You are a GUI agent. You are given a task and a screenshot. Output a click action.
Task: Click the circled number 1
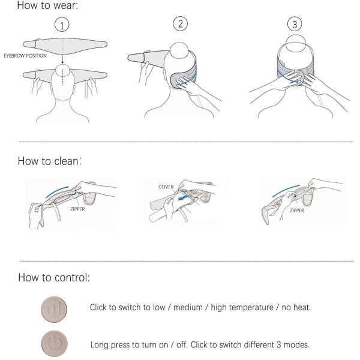(x=62, y=25)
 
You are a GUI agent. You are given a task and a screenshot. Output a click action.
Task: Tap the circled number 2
(x=180, y=23)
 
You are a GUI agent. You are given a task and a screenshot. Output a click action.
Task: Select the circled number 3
(x=295, y=24)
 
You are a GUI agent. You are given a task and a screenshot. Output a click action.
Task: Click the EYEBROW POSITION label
(x=25, y=56)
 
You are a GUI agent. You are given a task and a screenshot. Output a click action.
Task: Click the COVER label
(x=166, y=187)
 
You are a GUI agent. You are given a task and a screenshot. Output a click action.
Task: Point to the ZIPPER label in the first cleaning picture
(x=77, y=209)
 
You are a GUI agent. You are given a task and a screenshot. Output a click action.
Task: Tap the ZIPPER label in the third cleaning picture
(x=297, y=211)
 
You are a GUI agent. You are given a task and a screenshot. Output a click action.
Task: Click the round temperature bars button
(x=54, y=309)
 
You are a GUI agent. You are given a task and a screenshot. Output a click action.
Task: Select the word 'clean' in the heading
(x=67, y=161)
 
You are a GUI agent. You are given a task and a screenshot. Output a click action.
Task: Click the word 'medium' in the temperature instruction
(x=188, y=307)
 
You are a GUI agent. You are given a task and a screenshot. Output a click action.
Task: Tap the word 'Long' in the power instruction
(x=99, y=345)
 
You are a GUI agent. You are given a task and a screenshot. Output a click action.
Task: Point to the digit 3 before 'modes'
(x=279, y=344)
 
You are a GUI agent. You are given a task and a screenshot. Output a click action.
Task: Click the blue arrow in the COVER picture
(x=184, y=197)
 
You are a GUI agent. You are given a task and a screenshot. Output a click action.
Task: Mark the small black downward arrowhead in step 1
(x=62, y=62)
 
